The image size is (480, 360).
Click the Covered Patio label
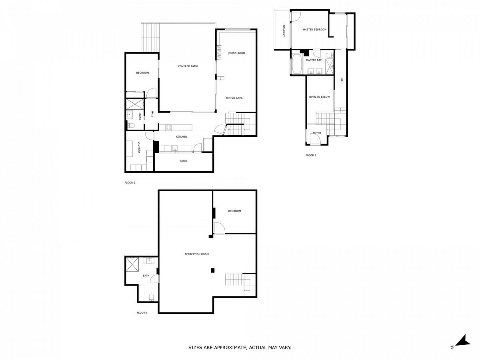click(188, 66)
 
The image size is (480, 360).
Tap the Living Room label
click(236, 53)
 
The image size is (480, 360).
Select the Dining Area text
click(234, 98)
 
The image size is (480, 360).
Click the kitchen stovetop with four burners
click(168, 128)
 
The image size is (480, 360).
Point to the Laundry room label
click(139, 148)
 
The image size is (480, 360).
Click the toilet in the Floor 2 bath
click(131, 125)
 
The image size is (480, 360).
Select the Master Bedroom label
click(314, 30)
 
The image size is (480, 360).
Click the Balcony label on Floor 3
click(284, 31)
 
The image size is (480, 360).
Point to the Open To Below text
click(319, 97)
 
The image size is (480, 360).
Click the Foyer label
click(317, 133)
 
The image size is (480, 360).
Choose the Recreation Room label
click(196, 254)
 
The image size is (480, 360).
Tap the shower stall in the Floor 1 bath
click(132, 264)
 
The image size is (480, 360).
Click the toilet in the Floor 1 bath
click(151, 297)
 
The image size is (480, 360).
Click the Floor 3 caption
click(311, 156)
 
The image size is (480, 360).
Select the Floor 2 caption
click(130, 182)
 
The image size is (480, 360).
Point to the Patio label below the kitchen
click(184, 161)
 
